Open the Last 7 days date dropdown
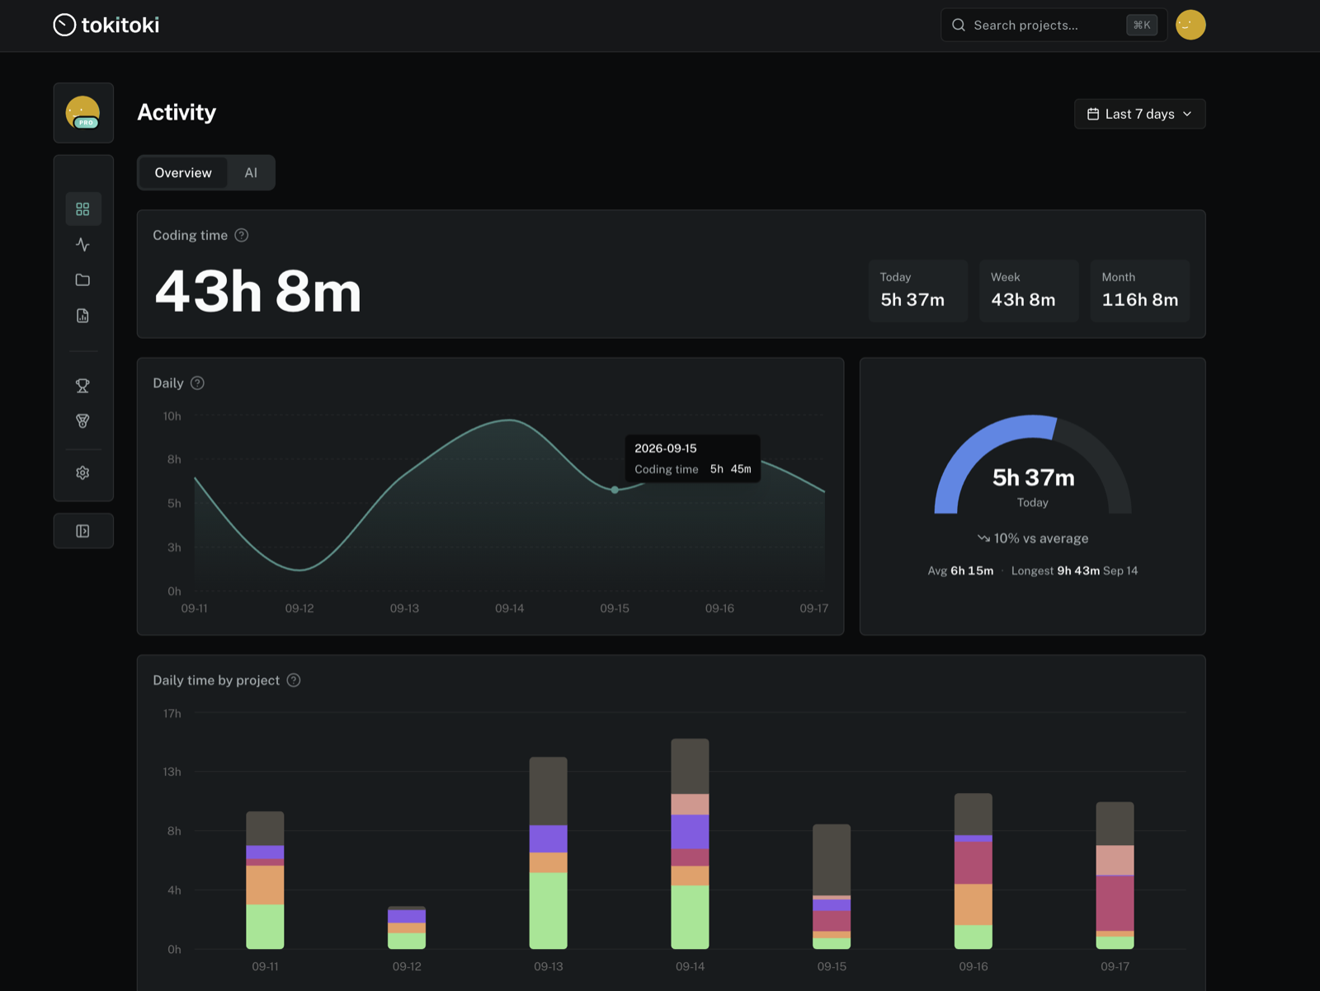[1139, 114]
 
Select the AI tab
[251, 172]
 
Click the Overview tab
[183, 172]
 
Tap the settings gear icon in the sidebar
[83, 472]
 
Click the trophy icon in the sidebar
[83, 385]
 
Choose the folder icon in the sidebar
[83, 280]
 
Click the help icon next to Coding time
[241, 235]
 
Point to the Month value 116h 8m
[1139, 299]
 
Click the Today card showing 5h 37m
[917, 291]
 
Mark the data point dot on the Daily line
[615, 490]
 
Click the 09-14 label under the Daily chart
[509, 608]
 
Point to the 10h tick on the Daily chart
[172, 416]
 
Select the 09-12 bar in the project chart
[407, 928]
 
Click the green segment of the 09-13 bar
[549, 910]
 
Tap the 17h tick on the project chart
[172, 713]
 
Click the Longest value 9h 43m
[1078, 571]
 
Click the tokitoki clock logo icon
[64, 25]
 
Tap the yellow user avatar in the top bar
[1190, 25]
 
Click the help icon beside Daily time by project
[294, 679]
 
